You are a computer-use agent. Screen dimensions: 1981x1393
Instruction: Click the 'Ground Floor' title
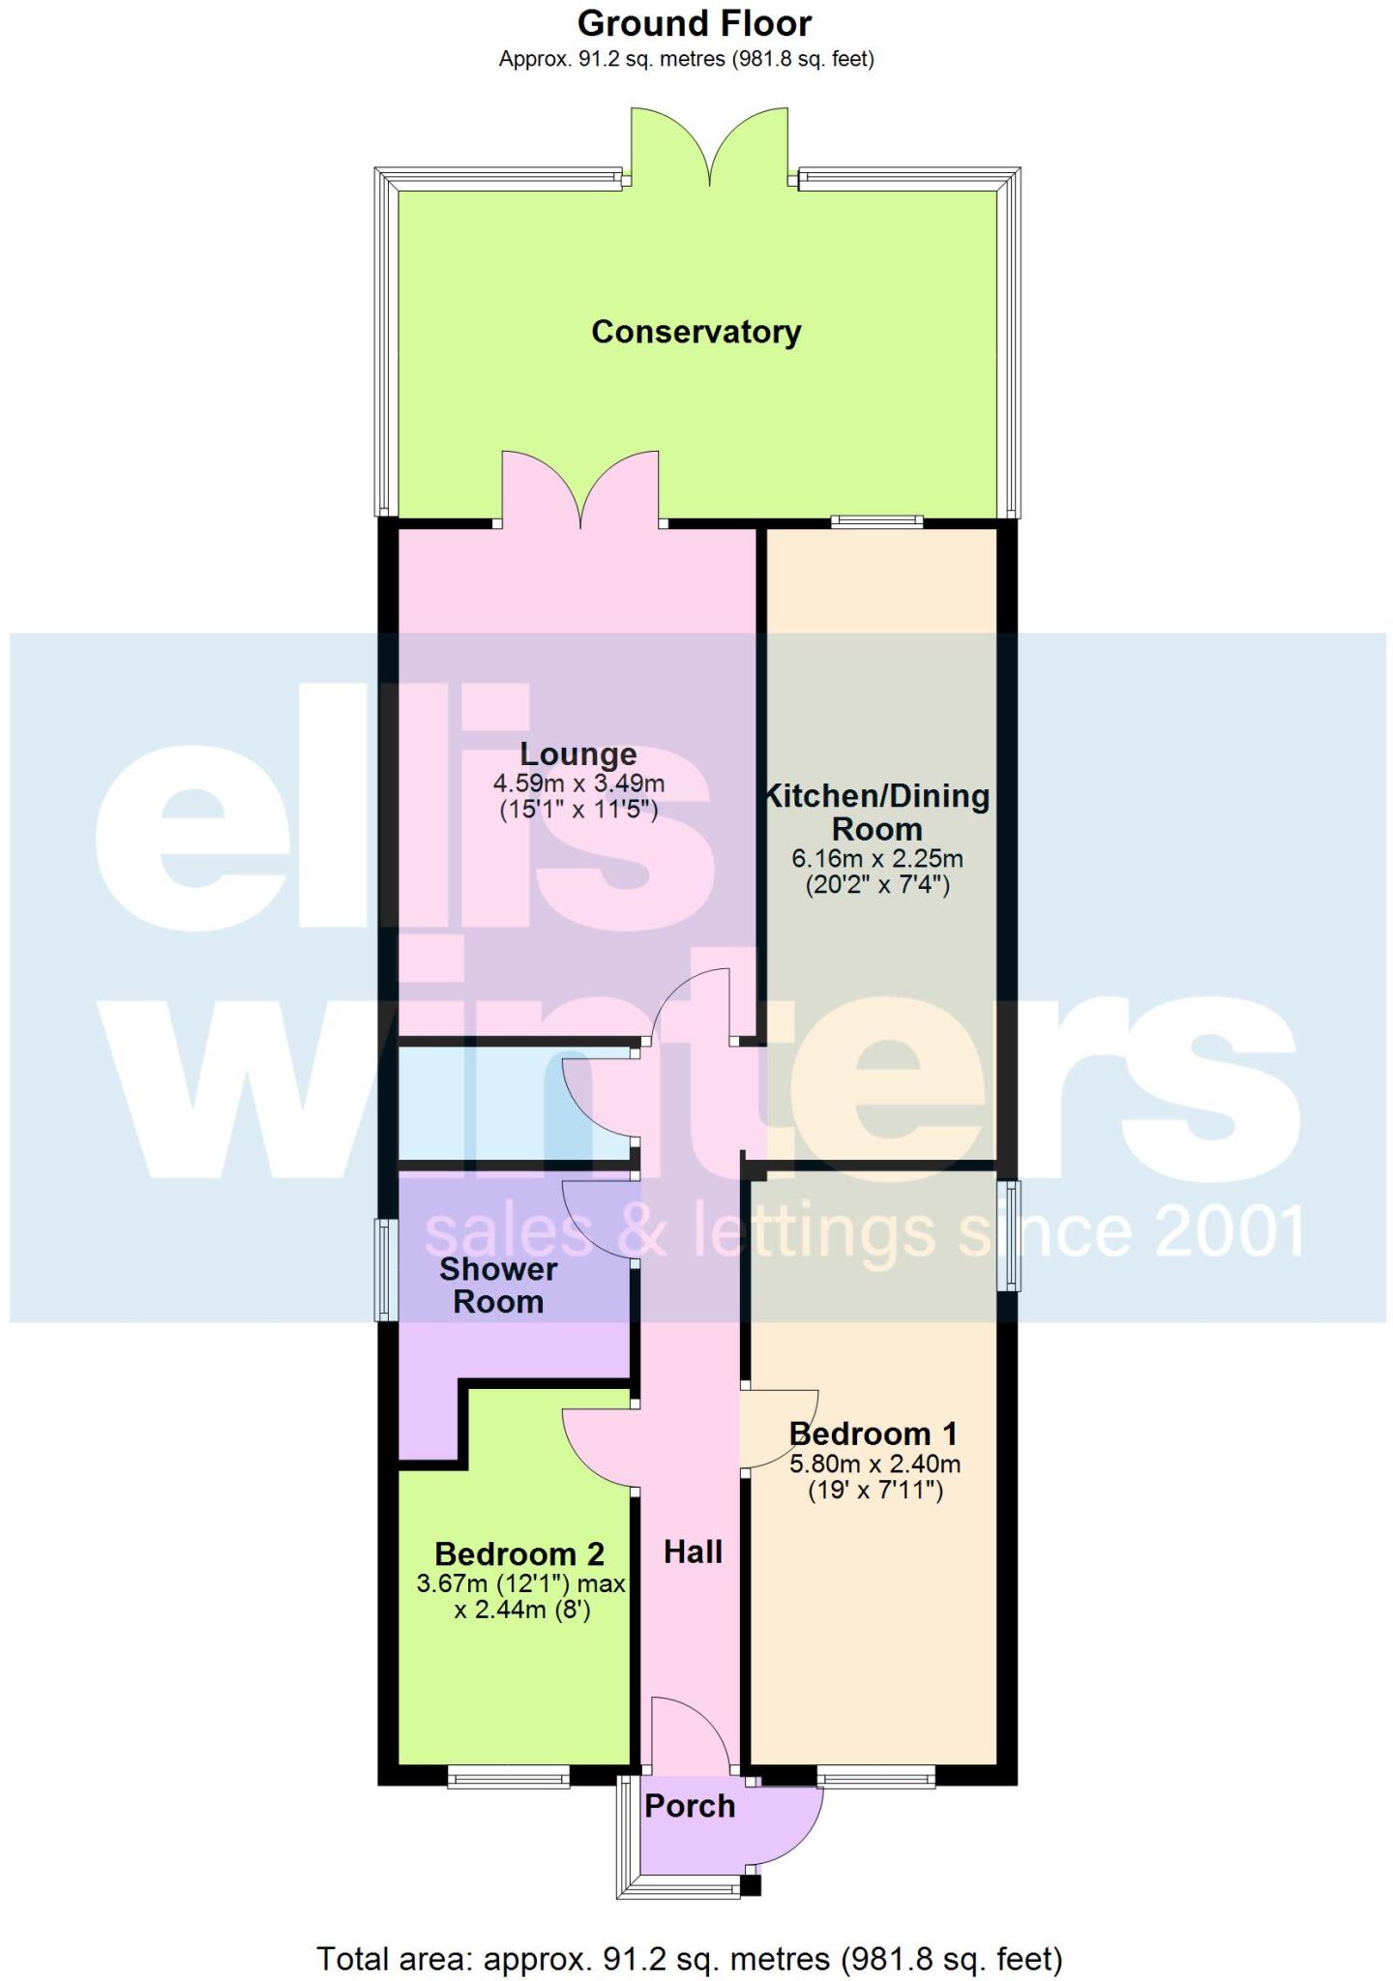(695, 23)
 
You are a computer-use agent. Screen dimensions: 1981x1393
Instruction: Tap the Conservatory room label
(696, 332)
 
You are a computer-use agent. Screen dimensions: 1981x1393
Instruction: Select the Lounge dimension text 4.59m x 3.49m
(578, 784)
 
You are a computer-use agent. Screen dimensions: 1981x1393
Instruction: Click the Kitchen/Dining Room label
(877, 813)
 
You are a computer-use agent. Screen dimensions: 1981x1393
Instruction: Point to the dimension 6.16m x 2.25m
(877, 858)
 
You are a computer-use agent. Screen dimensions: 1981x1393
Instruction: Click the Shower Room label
(498, 1285)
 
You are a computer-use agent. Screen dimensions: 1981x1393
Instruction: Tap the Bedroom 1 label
(874, 1433)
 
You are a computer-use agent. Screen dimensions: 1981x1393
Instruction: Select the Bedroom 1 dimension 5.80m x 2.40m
(875, 1464)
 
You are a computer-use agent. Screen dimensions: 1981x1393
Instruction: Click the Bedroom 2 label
(519, 1553)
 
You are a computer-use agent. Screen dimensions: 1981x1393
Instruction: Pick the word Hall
(693, 1552)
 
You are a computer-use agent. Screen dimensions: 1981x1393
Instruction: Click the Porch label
(690, 1806)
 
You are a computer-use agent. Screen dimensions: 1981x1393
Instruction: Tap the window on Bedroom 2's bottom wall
(508, 1775)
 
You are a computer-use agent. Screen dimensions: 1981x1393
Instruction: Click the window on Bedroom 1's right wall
(1009, 1234)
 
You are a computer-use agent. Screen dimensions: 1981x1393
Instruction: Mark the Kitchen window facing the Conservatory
(876, 521)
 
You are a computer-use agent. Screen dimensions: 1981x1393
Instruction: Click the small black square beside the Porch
(751, 1885)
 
